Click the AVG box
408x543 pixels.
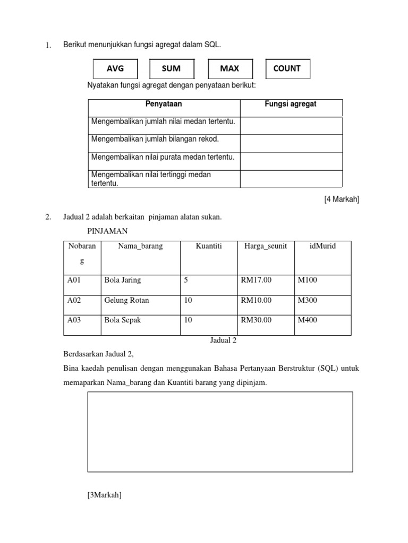tap(115, 68)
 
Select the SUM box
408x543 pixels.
tap(171, 68)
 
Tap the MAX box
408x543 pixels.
tap(229, 68)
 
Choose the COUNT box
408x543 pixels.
tap(287, 68)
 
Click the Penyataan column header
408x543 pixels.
tap(164, 104)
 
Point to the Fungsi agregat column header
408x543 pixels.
tap(291, 104)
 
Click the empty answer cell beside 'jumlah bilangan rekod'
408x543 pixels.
tap(291, 143)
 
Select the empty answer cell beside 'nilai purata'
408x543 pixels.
tap(291, 161)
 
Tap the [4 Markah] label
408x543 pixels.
tap(342, 199)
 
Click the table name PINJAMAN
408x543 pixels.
tap(108, 231)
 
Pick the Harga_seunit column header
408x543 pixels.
tap(265, 246)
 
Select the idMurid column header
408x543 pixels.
tap(323, 246)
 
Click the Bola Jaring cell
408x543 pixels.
tap(123, 280)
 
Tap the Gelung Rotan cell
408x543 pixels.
tap(126, 300)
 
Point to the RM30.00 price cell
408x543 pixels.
tap(256, 320)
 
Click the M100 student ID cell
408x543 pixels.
tap(307, 280)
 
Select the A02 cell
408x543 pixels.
tap(75, 300)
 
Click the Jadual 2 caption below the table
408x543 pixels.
tap(223, 340)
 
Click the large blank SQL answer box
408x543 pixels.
tap(219, 432)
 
